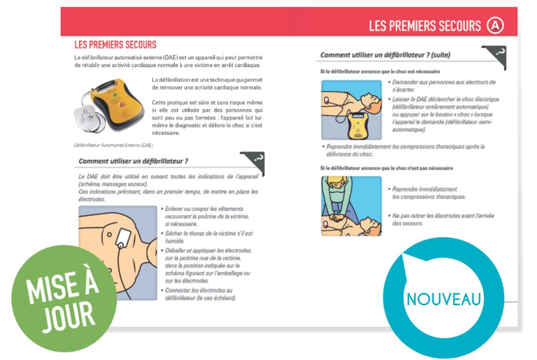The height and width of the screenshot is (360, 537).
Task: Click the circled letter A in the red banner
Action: pos(495,26)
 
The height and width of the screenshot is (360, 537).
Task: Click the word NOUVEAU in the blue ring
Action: pos(443,299)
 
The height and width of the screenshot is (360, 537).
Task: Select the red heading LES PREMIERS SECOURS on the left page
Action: pos(115,45)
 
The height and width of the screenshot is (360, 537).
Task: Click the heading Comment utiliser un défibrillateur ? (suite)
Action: pos(385,55)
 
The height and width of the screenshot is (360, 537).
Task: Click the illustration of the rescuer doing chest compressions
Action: pos(351,206)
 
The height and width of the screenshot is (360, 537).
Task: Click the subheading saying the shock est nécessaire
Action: pos(380,72)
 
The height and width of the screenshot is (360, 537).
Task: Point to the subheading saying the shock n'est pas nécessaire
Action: pos(386,168)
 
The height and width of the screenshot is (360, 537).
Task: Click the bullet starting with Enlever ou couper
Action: pos(205,216)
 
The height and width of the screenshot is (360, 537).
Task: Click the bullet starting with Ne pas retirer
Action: pos(441,219)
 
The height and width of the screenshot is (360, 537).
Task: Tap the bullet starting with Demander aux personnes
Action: pos(442,86)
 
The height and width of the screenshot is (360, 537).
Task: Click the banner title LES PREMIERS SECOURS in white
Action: pos(425,26)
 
